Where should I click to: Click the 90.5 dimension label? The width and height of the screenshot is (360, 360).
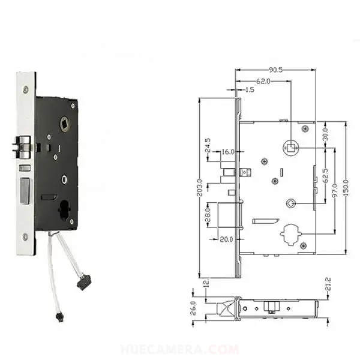276,70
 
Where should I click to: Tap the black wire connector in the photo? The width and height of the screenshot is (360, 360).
82,283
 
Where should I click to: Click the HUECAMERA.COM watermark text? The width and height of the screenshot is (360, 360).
180,349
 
